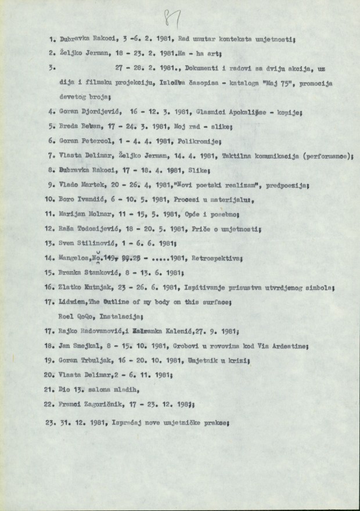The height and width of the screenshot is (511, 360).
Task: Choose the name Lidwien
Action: (x=73, y=301)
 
